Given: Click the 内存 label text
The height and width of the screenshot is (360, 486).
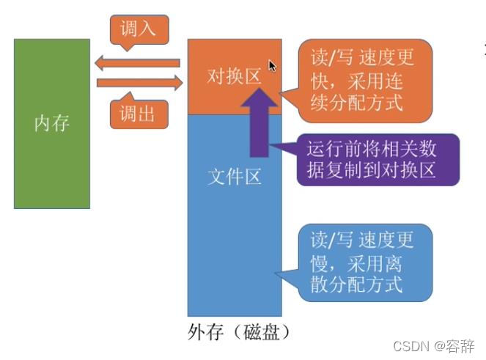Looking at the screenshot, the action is click(x=52, y=122).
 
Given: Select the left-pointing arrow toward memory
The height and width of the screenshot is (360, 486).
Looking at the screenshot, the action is click(x=138, y=63).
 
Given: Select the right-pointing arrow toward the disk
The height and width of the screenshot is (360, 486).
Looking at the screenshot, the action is click(x=138, y=83).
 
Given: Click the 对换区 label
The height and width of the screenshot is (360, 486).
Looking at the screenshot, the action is click(x=234, y=76).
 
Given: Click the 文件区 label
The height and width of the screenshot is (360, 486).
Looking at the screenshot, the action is click(x=234, y=177).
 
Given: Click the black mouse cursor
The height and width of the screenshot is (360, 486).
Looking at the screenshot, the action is click(x=273, y=66).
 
